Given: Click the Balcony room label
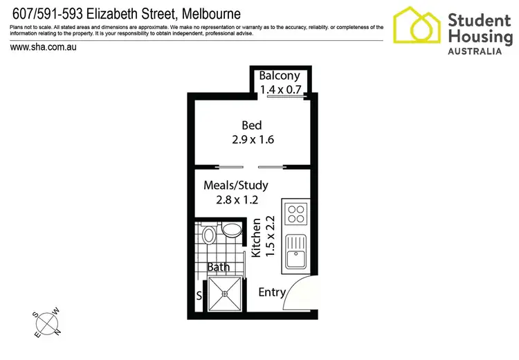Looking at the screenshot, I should tap(280, 76).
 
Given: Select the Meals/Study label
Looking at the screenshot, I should tap(235, 186).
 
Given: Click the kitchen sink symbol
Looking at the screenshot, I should tap(295, 251).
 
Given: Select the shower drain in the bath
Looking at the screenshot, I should tap(224, 293).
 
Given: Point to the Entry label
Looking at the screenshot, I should tap(271, 292).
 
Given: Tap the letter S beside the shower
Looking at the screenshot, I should tap(200, 296).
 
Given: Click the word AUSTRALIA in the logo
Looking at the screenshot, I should tap(479, 51).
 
